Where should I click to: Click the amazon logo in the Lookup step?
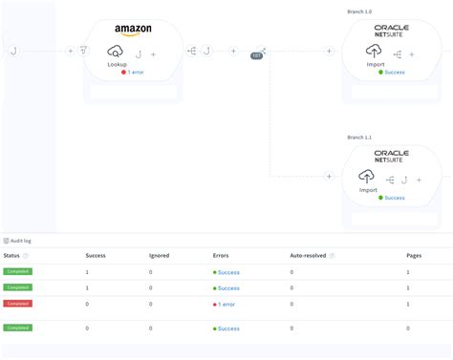point(133,32)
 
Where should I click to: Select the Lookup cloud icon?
point(117,52)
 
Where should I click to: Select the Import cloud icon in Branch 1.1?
point(368,177)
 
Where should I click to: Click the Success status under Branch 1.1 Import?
point(394,198)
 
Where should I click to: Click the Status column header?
point(11,256)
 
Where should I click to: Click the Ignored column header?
point(160,256)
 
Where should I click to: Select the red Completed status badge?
point(17,304)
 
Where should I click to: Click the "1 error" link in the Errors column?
point(226,304)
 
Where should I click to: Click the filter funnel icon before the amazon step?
point(84,52)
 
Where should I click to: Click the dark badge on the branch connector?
point(257,56)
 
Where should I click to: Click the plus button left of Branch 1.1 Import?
point(329,177)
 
